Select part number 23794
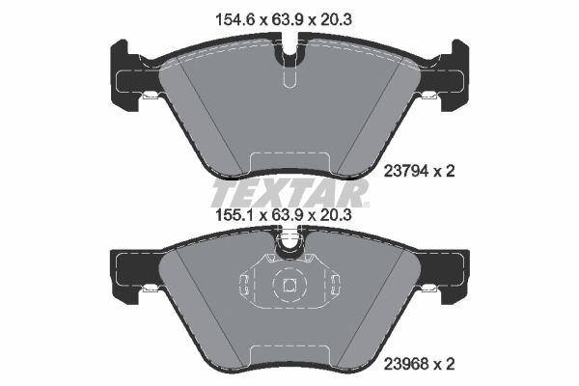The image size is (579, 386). [406, 171]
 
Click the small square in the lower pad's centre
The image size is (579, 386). [289, 285]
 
